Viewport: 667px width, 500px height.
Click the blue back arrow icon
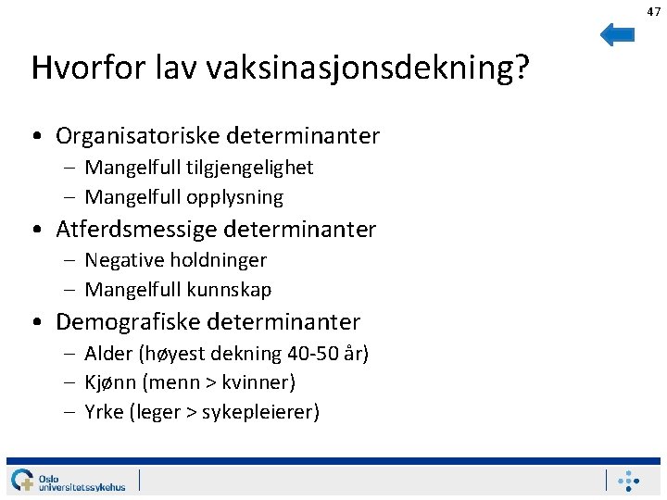[617, 35]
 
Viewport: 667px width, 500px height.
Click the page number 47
[654, 11]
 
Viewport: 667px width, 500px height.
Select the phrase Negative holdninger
[175, 260]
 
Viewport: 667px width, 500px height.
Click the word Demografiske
[128, 322]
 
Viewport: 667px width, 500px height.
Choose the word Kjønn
[111, 382]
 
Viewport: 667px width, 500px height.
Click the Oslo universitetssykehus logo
[69, 480]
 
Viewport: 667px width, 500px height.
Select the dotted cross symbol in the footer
[629, 480]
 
